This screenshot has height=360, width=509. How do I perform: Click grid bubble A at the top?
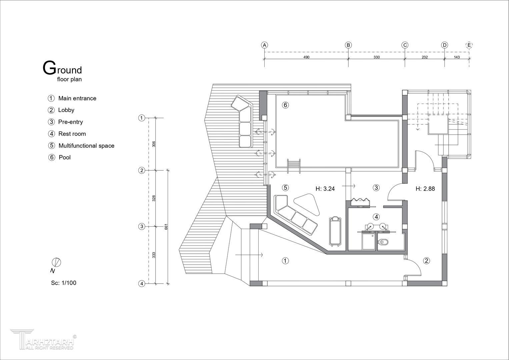pyautogui.click(x=264, y=45)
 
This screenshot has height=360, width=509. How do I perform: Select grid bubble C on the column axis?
pyautogui.click(x=405, y=45)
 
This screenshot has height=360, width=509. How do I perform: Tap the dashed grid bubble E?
pyautogui.click(x=469, y=45)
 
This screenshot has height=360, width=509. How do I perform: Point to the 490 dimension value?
pyautogui.click(x=306, y=57)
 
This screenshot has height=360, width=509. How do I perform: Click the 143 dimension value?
pyautogui.click(x=457, y=57)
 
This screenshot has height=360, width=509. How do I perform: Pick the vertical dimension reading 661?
pyautogui.click(x=166, y=227)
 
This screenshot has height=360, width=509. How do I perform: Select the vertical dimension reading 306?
pyautogui.click(x=154, y=144)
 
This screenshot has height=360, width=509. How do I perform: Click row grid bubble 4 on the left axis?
pyautogui.click(x=142, y=283)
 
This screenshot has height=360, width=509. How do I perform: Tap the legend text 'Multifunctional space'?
pyautogui.click(x=86, y=145)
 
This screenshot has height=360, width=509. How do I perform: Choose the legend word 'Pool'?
pyautogui.click(x=65, y=157)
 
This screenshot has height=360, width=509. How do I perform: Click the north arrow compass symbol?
pyautogui.click(x=56, y=263)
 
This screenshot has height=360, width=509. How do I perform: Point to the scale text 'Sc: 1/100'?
pyautogui.click(x=64, y=283)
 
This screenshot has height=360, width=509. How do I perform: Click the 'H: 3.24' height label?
pyautogui.click(x=325, y=189)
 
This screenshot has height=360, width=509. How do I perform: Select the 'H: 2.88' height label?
pyautogui.click(x=425, y=189)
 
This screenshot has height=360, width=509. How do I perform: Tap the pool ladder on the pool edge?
pyautogui.click(x=294, y=166)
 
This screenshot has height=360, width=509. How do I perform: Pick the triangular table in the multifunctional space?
pyautogui.click(x=307, y=204)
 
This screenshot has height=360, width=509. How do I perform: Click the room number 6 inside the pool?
pyautogui.click(x=285, y=105)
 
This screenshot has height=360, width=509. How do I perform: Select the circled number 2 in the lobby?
pyautogui.click(x=426, y=261)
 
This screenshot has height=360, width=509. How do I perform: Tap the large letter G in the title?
pyautogui.click(x=49, y=68)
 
